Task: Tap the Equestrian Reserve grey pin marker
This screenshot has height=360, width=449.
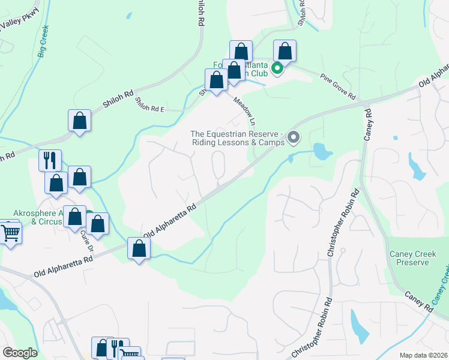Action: click(x=294, y=138)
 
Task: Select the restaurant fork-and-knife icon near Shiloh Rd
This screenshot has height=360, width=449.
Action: click(x=50, y=160)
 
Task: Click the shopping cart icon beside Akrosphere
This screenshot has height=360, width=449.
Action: click(x=10, y=232)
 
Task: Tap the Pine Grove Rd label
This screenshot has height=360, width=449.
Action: click(x=338, y=87)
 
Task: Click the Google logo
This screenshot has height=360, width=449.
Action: click(x=20, y=352)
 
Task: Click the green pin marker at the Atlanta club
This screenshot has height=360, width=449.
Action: click(x=277, y=68)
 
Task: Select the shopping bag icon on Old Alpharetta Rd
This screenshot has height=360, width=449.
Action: click(x=139, y=248)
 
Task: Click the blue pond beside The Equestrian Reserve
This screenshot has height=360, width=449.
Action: click(x=322, y=151)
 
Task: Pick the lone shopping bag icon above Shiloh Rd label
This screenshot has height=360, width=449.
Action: click(x=79, y=120)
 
